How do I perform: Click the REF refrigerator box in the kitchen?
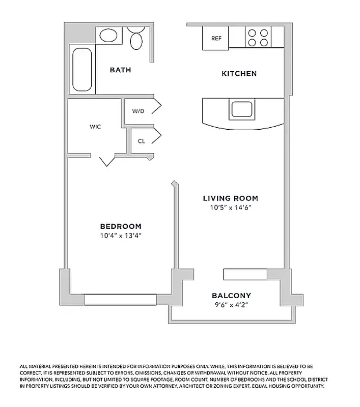coord(215,38)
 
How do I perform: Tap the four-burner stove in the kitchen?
coord(258,37)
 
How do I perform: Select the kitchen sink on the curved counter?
coord(242,109)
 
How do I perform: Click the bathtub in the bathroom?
coord(82,69)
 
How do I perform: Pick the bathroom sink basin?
coord(108,35)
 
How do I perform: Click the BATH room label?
coord(120,70)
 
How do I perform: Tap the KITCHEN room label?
coord(239,74)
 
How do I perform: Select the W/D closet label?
coord(138,111)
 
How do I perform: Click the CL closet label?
coord(141,141)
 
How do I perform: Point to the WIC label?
coord(95,127)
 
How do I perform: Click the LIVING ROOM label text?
coord(230,198)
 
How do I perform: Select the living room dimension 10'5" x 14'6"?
coord(230,208)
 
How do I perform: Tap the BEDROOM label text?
coord(121,226)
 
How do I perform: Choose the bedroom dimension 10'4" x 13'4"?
coord(121,236)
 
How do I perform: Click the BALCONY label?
coord(231,296)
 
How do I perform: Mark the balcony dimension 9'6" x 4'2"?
coord(231,305)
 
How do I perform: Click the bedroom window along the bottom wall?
coord(120,300)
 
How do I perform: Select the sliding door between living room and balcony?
coord(245,275)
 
